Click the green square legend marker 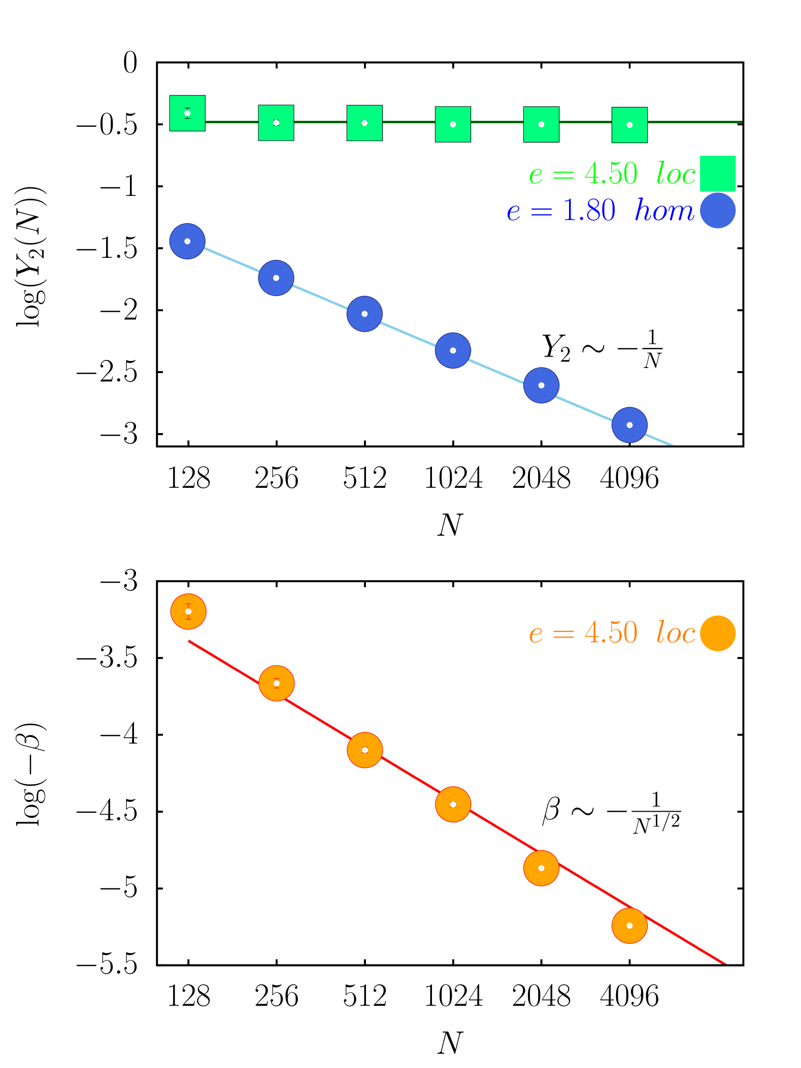click(718, 174)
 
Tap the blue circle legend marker click(718, 211)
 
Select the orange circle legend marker click(718, 633)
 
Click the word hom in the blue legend click(664, 211)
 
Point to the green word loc click(676, 174)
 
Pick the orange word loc click(676, 633)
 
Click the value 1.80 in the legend click(589, 211)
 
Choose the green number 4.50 click(611, 174)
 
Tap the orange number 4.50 click(611, 633)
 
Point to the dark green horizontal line click(700, 122)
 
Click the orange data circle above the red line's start click(188, 612)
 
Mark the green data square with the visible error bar click(187, 113)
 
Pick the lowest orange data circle click(629, 926)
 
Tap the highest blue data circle click(187, 241)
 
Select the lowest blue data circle click(629, 425)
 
